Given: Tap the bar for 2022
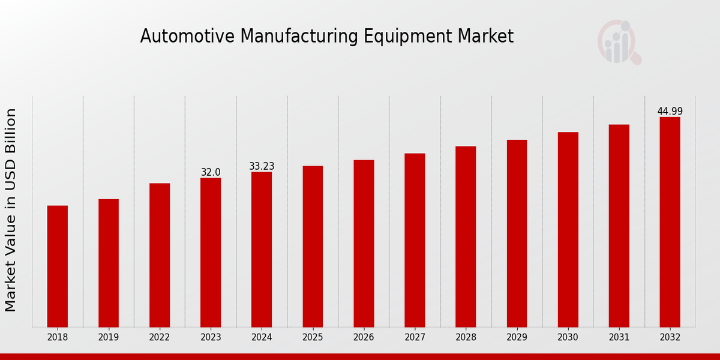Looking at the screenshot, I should click(160, 255).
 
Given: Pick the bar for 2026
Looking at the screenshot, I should click(364, 243).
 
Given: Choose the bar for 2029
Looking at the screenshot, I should click(517, 233).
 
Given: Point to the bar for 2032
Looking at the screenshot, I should click(670, 222).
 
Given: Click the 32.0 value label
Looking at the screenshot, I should click(211, 172).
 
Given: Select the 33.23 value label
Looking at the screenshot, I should click(262, 166).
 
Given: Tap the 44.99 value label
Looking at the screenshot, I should click(670, 111).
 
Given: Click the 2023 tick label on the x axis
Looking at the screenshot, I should click(211, 337).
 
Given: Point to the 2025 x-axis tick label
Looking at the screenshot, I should click(313, 337).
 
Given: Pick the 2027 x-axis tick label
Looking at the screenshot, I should click(415, 337).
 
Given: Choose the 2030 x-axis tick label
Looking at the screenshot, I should click(568, 337).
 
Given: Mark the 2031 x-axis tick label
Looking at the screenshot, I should click(619, 337).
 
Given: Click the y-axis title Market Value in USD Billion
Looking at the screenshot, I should click(11, 210).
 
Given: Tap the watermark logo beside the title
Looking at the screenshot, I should click(619, 42).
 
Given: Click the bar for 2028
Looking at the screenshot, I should click(466, 236).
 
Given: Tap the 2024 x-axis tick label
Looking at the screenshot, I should click(262, 337).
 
